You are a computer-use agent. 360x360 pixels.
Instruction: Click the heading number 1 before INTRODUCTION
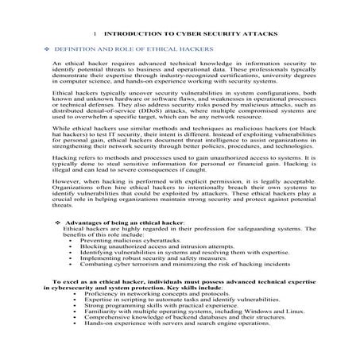pyautogui.click(x=95, y=35)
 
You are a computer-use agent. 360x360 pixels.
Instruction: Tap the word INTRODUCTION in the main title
pyautogui.click(x=134, y=35)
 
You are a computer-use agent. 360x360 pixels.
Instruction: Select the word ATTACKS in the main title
pyautogui.click(x=247, y=35)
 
